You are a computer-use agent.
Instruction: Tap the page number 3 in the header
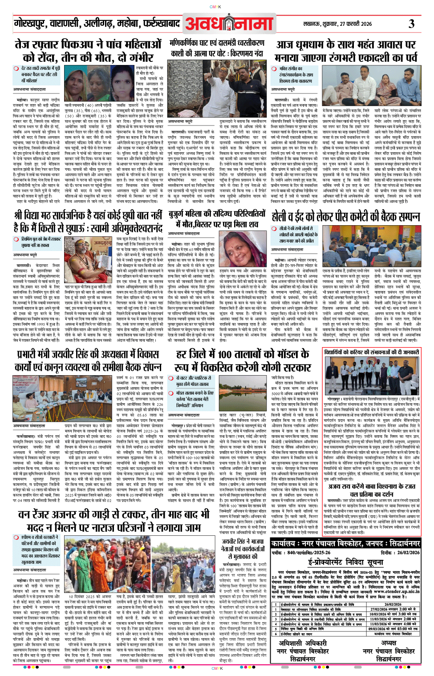click(412, 24)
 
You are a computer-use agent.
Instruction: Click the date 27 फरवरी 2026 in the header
click(355, 24)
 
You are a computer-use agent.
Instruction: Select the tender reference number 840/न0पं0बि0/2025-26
click(309, 552)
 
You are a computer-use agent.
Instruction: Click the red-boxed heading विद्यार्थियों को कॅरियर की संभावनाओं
click(371, 352)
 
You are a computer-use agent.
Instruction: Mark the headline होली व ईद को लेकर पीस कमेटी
click(346, 217)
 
